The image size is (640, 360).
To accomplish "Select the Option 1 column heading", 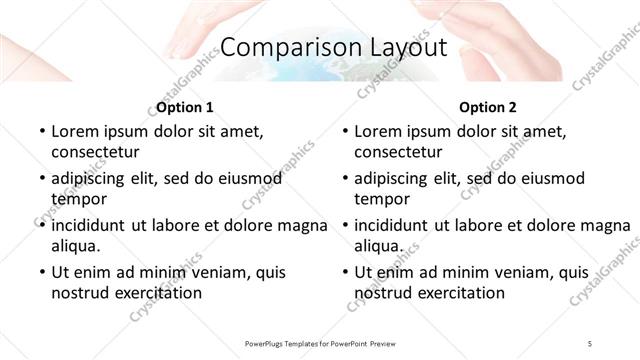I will (x=185, y=107).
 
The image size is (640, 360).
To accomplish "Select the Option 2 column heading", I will (x=488, y=107).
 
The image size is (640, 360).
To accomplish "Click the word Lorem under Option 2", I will (x=377, y=131).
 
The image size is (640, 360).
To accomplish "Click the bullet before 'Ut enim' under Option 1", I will (x=40, y=272).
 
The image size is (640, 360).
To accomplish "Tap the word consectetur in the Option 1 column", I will (x=95, y=152).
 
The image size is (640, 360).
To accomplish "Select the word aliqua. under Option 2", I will (x=379, y=245).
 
